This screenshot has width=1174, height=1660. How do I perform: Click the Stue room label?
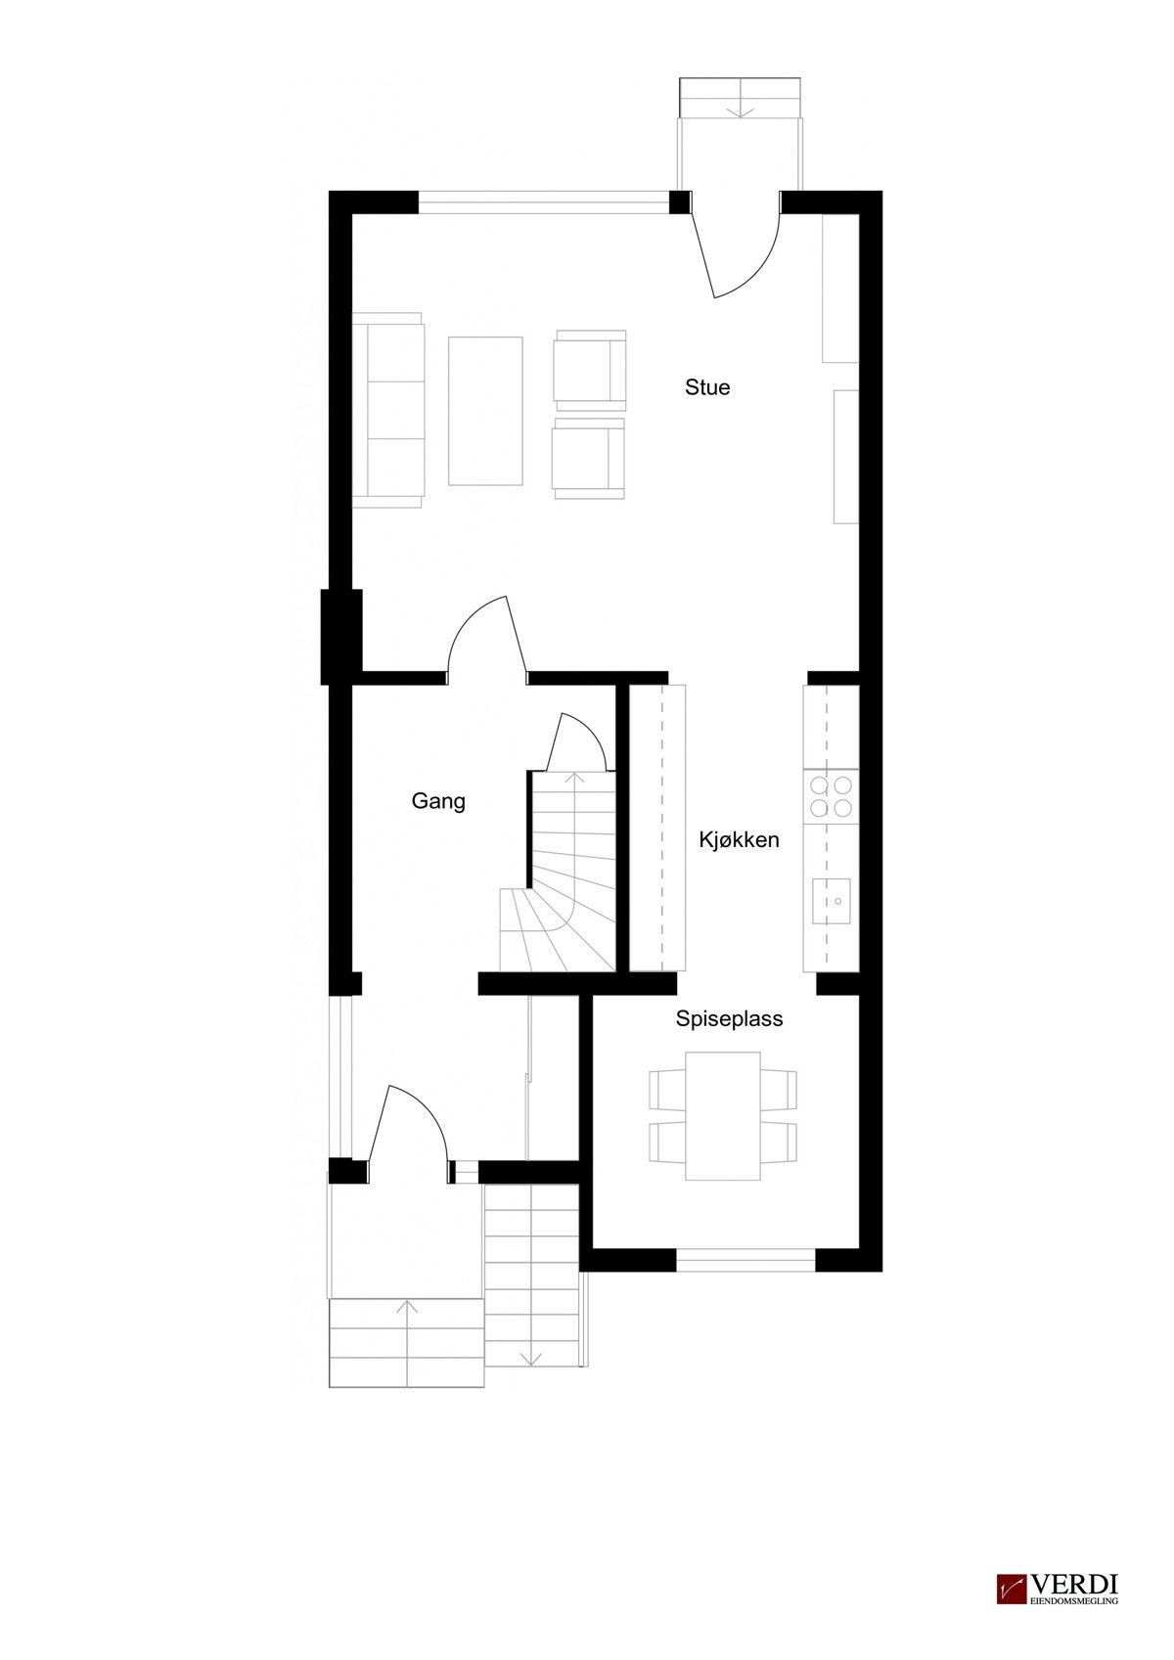click(x=706, y=387)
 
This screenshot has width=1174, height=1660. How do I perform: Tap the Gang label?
click(x=437, y=802)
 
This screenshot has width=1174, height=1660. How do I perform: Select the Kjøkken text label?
click(x=739, y=839)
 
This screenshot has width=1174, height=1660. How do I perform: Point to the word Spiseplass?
click(x=729, y=1018)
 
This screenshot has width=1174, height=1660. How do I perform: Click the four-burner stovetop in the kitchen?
click(x=830, y=794)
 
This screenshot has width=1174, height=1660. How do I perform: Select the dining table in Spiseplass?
click(x=723, y=1116)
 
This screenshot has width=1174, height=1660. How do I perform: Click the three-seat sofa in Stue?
click(x=388, y=410)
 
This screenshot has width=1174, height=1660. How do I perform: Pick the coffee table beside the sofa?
click(x=484, y=410)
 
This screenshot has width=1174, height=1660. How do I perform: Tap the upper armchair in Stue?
click(x=589, y=370)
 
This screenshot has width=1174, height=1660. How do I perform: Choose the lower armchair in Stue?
click(x=589, y=458)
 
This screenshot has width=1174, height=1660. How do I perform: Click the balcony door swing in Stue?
click(x=736, y=250)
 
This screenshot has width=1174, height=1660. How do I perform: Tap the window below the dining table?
click(x=745, y=1263)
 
